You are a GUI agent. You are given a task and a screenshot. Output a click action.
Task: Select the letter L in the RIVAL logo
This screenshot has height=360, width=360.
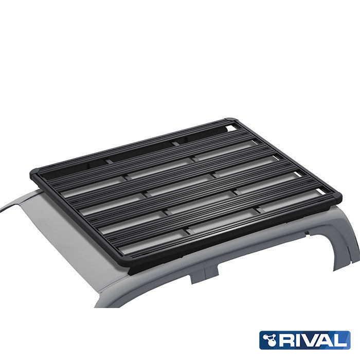tap(341, 340)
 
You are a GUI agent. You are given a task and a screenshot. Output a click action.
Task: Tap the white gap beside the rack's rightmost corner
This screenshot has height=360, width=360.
tap(321, 191)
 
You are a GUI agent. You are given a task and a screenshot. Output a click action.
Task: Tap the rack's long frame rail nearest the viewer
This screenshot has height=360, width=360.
tap(231, 231)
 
